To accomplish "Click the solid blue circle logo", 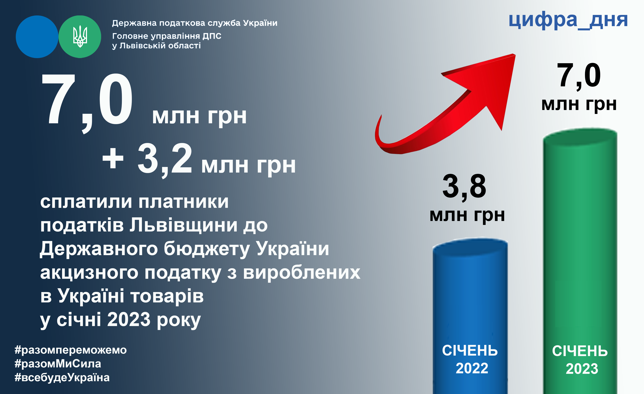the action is coord(37,37).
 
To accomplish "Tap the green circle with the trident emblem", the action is coord(80,37).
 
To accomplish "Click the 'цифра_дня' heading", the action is coord(568,20).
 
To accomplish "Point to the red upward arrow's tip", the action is coord(515,54).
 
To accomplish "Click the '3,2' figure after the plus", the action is coord(165,160).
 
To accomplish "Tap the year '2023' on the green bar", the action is coord(582,369).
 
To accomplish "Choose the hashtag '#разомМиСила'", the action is coord(58,364).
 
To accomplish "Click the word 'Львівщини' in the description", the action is coord(183,225).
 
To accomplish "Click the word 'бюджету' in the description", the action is coord(206,249).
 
